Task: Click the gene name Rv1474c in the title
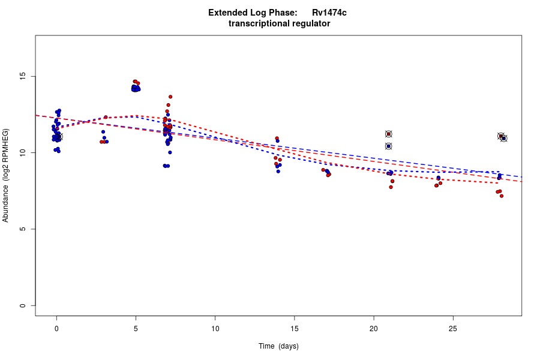click(329, 13)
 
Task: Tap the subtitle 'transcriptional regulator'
click(279, 23)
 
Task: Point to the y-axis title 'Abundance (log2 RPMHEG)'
click(6, 175)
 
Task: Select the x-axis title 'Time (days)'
click(278, 346)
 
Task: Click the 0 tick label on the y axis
click(23, 305)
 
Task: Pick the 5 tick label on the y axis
click(23, 229)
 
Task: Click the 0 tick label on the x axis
click(56, 328)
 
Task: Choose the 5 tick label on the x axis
click(136, 328)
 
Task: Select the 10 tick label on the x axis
click(215, 328)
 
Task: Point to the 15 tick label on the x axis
click(295, 328)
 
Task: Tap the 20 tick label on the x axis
click(374, 328)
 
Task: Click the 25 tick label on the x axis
click(453, 328)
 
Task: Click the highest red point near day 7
click(170, 97)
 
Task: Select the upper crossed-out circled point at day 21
click(389, 134)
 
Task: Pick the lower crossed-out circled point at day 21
click(389, 146)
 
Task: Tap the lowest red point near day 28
click(502, 196)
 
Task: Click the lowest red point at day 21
click(391, 187)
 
